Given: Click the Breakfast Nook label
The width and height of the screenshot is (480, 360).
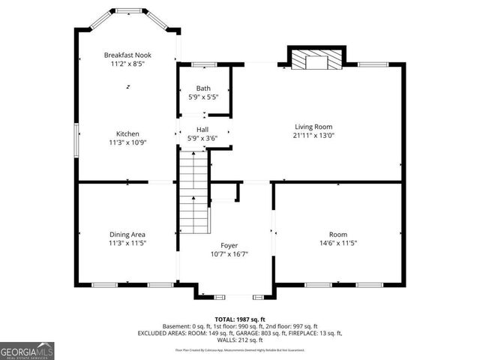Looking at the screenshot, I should [x=127, y=55].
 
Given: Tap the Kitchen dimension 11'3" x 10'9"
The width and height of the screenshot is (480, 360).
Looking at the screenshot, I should [x=127, y=142].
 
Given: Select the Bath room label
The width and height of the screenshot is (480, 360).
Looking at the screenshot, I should [x=203, y=88].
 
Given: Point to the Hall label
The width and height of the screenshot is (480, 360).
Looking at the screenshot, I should [x=202, y=129].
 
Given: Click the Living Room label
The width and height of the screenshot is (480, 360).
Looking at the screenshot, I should [x=313, y=127].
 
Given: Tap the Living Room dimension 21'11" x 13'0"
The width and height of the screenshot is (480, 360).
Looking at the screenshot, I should [x=313, y=136].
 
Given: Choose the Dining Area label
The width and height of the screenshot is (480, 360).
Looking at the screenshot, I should [x=127, y=234].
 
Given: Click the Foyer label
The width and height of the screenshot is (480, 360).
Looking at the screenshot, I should [x=229, y=245].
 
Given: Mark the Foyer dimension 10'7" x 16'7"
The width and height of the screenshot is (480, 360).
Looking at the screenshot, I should [x=229, y=254].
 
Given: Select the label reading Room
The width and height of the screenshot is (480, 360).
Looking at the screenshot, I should [x=338, y=234].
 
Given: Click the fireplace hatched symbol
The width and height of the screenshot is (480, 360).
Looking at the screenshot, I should [x=316, y=60].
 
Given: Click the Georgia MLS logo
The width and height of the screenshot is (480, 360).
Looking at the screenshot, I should [x=27, y=350].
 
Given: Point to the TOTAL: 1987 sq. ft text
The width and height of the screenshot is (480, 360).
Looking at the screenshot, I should [x=239, y=319].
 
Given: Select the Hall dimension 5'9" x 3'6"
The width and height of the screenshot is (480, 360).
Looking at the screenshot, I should [x=202, y=138].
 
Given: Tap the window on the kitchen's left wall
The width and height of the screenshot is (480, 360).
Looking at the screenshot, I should [x=76, y=139].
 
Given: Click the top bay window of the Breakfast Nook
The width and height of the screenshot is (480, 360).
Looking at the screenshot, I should [x=127, y=11].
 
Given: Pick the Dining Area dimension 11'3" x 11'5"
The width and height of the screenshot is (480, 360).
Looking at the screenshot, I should [x=127, y=243].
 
